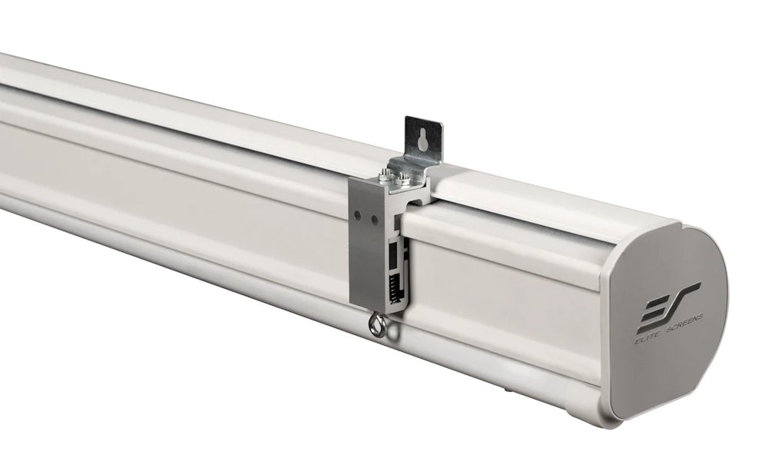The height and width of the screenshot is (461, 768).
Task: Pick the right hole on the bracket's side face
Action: [375, 221]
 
